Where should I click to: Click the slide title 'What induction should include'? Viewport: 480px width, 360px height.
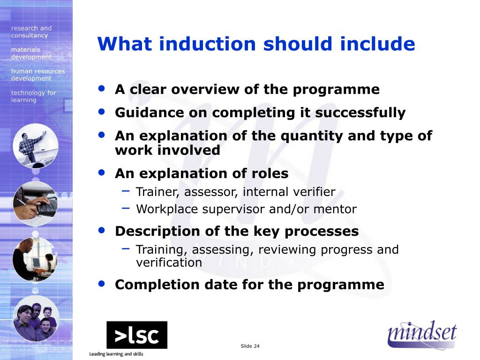coord(256,44)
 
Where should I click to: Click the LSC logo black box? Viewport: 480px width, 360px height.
coord(136,335)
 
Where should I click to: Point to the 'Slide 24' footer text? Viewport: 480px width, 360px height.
coord(250,346)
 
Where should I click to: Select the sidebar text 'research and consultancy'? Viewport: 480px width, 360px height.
coord(31,32)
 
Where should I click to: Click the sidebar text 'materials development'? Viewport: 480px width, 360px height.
coord(31,53)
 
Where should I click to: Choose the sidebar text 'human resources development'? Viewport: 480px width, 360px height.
coord(37,75)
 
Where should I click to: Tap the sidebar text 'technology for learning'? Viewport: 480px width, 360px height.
coord(33,96)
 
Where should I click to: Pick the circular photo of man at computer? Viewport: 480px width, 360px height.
coord(36,259)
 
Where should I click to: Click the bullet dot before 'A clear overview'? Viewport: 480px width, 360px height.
coord(102,88)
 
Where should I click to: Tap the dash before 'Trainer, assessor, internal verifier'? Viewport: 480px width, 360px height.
coord(126,190)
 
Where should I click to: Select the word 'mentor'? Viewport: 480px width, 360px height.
coord(337,209)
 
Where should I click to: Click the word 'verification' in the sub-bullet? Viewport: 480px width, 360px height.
coord(169,262)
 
